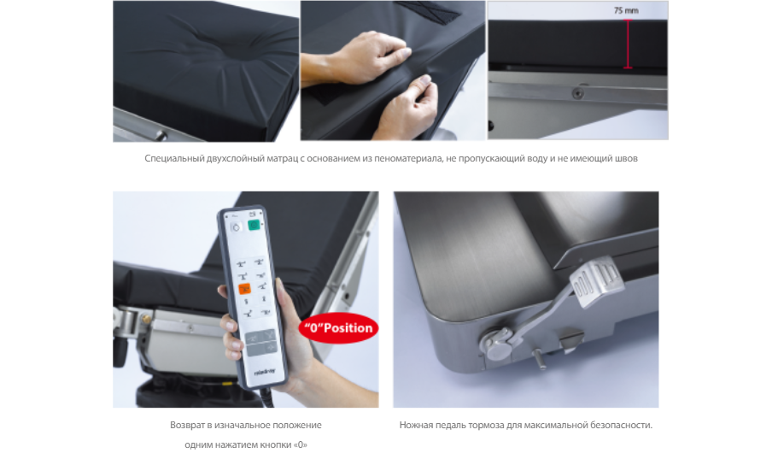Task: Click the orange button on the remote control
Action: pyautogui.click(x=244, y=289)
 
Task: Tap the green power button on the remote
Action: pyautogui.click(x=254, y=225)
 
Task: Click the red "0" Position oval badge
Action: pyautogui.click(x=338, y=328)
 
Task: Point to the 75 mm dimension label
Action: pyautogui.click(x=626, y=10)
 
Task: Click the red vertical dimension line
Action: pyautogui.click(x=628, y=44)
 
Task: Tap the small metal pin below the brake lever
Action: pyautogui.click(x=540, y=359)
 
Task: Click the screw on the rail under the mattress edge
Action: pyautogui.click(x=577, y=93)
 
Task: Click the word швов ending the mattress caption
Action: pyautogui.click(x=626, y=158)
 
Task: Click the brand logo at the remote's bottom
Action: pyautogui.click(x=265, y=372)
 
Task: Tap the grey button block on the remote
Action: pyautogui.click(x=261, y=344)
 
